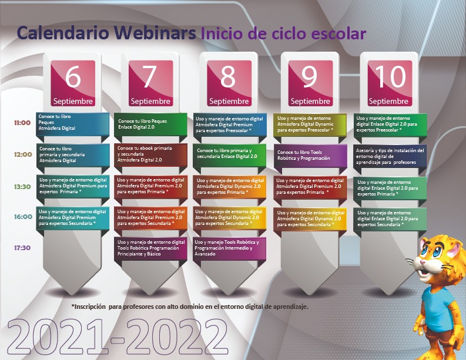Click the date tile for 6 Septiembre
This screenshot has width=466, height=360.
pyautogui.click(x=73, y=83)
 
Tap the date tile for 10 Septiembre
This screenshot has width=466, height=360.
pyautogui.click(x=390, y=83)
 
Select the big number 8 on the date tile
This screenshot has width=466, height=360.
pyautogui.click(x=228, y=76)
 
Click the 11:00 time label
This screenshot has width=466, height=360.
pyautogui.click(x=22, y=123)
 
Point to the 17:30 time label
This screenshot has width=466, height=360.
pyautogui.click(x=22, y=248)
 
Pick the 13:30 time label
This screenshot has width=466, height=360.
pyautogui.click(x=22, y=187)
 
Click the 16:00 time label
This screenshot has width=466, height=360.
pyautogui.click(x=23, y=217)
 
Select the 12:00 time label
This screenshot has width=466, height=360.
pyautogui.click(x=23, y=154)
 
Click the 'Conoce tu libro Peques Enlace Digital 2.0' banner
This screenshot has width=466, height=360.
pyautogui.click(x=150, y=124)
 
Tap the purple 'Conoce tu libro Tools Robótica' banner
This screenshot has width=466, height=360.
pyautogui.click(x=310, y=155)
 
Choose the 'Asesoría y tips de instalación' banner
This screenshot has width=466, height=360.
pyautogui.click(x=390, y=156)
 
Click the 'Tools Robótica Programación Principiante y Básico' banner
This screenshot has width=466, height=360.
pyautogui.click(x=150, y=248)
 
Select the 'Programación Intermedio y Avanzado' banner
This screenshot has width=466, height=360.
pyautogui.click(x=229, y=248)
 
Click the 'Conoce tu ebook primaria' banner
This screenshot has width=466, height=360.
pyautogui.click(x=150, y=154)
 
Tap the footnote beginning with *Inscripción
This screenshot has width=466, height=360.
pyautogui.click(x=190, y=307)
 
